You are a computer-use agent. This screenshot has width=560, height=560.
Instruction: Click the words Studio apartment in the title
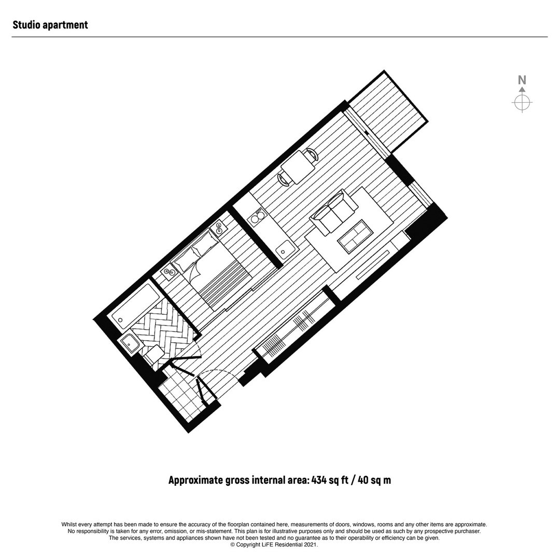50,25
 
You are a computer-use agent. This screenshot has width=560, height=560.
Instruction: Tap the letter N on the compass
522,80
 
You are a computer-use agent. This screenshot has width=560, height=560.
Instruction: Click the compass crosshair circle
522,103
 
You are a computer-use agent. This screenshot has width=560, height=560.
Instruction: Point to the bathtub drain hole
120,320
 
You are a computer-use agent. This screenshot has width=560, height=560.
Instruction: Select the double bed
211,270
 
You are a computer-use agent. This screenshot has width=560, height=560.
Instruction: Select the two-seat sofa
333,213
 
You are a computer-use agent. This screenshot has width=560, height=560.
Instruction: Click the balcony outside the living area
387,114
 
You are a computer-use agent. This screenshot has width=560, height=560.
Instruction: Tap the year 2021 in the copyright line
311,545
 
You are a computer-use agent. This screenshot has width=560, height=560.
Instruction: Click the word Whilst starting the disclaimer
69,525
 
